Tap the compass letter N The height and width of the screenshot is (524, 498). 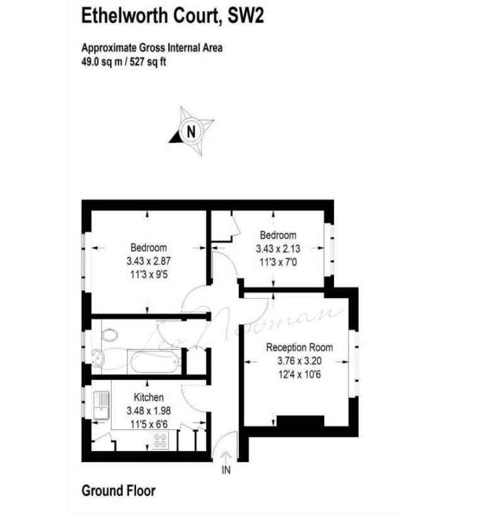pyautogui.click(x=190, y=132)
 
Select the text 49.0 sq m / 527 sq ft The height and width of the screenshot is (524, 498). pyautogui.click(x=124, y=62)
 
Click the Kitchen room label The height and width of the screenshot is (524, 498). pyautogui.click(x=149, y=397)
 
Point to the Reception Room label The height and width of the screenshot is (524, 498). pyautogui.click(x=299, y=348)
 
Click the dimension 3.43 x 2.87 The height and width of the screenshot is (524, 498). pyautogui.click(x=149, y=260)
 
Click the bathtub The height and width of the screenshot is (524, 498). pyautogui.click(x=155, y=362)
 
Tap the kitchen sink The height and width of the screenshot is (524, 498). pyautogui.click(x=100, y=404)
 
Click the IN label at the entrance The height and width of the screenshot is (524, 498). pyautogui.click(x=226, y=470)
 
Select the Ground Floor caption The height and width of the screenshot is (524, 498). pyautogui.click(x=119, y=491)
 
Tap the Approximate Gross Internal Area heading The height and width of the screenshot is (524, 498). pyautogui.click(x=152, y=48)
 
